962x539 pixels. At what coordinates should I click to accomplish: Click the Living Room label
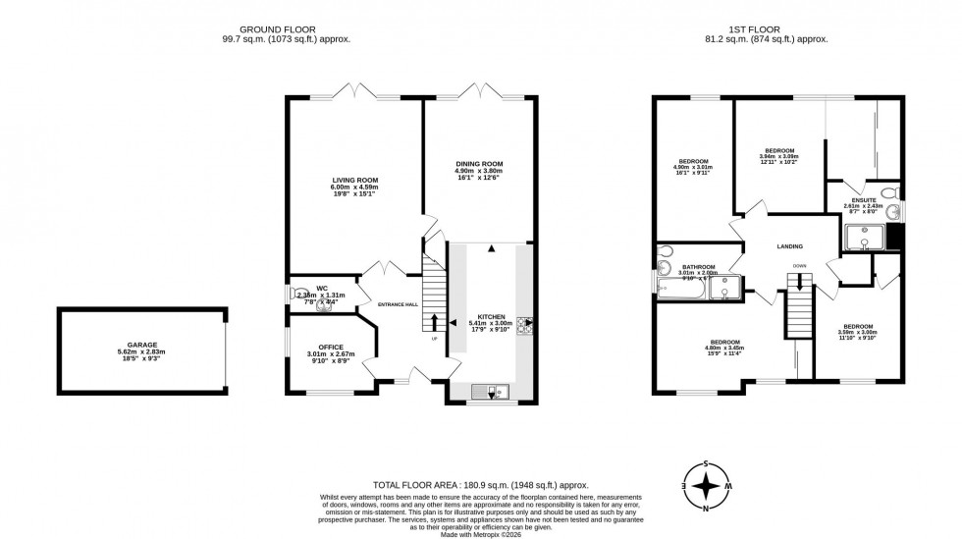pyautogui.click(x=354, y=181)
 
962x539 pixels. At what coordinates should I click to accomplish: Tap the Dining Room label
pyautogui.click(x=478, y=163)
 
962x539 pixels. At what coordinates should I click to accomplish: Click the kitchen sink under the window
pyautogui.click(x=489, y=393)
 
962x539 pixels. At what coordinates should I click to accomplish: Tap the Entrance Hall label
pyautogui.click(x=399, y=304)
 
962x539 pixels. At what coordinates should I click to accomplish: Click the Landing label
pyautogui.click(x=789, y=246)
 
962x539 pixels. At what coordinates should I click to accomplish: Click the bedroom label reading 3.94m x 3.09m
pyautogui.click(x=778, y=150)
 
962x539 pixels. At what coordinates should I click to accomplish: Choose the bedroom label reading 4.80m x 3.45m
pyautogui.click(x=724, y=342)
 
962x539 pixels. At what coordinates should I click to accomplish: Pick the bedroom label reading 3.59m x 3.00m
pyautogui.click(x=857, y=326)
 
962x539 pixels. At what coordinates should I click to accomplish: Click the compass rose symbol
pyautogui.click(x=705, y=485)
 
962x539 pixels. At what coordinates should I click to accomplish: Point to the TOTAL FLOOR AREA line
pyautogui.click(x=480, y=485)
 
